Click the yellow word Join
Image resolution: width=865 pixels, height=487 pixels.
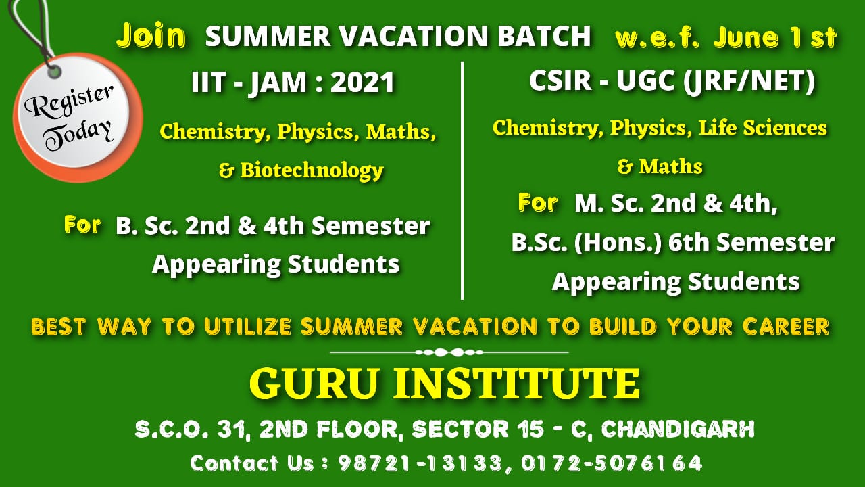click(x=151, y=36)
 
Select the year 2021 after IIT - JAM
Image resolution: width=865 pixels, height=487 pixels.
click(x=362, y=83)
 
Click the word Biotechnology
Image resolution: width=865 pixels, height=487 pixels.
click(x=312, y=170)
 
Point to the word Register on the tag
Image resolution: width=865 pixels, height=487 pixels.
click(x=69, y=101)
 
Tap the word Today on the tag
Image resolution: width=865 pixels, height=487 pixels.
click(x=78, y=136)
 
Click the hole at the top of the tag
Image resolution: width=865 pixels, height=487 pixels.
click(x=54, y=72)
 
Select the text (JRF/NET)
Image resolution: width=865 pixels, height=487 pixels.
click(x=749, y=82)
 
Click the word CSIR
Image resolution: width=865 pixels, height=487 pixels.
click(x=560, y=80)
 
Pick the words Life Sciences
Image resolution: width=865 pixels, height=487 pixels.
click(x=763, y=128)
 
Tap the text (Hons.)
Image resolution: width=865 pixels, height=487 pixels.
click(x=618, y=243)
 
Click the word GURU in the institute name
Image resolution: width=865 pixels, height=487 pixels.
click(x=314, y=384)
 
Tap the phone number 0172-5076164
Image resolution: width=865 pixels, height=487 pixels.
click(x=612, y=463)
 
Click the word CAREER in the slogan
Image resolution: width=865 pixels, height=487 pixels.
click(x=786, y=327)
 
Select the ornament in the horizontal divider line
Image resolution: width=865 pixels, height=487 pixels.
click(x=449, y=352)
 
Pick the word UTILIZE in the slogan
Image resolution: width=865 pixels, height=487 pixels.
click(x=247, y=327)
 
